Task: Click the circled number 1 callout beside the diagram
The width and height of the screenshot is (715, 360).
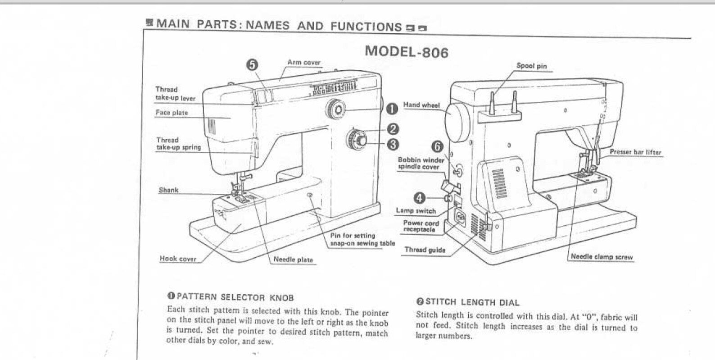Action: (392, 109)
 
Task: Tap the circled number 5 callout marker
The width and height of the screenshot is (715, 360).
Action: (252, 65)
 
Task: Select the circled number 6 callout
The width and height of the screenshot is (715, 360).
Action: (437, 146)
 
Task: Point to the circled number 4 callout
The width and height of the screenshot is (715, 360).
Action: (420, 198)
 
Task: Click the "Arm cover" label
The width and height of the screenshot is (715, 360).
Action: (303, 62)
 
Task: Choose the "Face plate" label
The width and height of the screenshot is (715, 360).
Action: (172, 113)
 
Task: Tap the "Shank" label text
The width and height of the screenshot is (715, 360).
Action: (168, 190)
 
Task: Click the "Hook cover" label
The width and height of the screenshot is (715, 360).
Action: (178, 259)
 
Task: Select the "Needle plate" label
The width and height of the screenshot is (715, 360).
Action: (293, 260)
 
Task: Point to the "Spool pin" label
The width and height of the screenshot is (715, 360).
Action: (531, 66)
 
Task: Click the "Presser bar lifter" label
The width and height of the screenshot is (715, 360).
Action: (635, 152)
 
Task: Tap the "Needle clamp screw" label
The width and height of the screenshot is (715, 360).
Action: (602, 257)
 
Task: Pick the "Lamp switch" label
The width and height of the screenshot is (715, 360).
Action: (416, 211)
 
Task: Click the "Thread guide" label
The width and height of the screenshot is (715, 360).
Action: (425, 250)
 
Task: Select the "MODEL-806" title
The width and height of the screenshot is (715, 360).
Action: (407, 52)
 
